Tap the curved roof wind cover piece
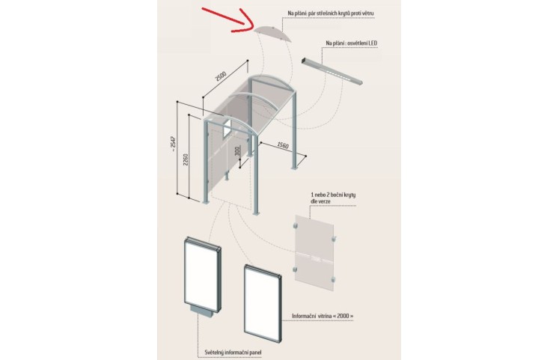coord(275,34)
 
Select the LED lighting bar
coord(332,71)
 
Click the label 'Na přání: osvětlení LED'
coord(351,43)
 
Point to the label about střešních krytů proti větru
coord(331,13)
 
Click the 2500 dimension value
coord(221,76)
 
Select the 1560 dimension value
coord(283,145)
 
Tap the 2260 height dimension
coord(186,159)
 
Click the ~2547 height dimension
coord(174,144)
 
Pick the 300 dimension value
coord(238,151)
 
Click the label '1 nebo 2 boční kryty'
coord(333,195)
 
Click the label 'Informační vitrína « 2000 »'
coord(323,316)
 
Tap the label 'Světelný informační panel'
coord(233,353)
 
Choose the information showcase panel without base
coord(263,304)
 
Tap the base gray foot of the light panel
coord(204,311)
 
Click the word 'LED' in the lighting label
coord(373,43)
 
